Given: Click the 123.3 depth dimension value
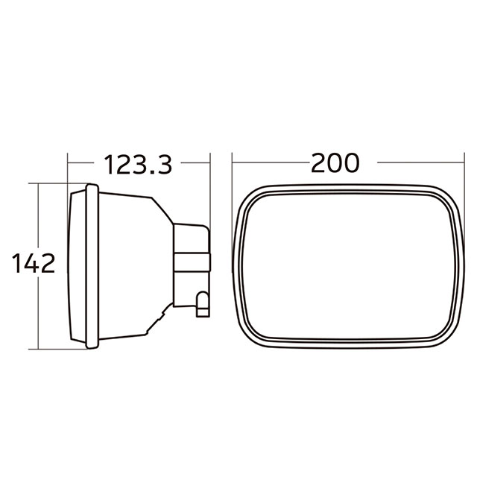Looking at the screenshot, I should (138, 163).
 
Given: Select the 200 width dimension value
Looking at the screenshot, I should (335, 162).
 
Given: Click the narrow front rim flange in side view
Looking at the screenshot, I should (92, 265).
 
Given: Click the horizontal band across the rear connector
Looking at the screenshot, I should (192, 262).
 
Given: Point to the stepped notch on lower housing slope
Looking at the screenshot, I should (159, 320).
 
